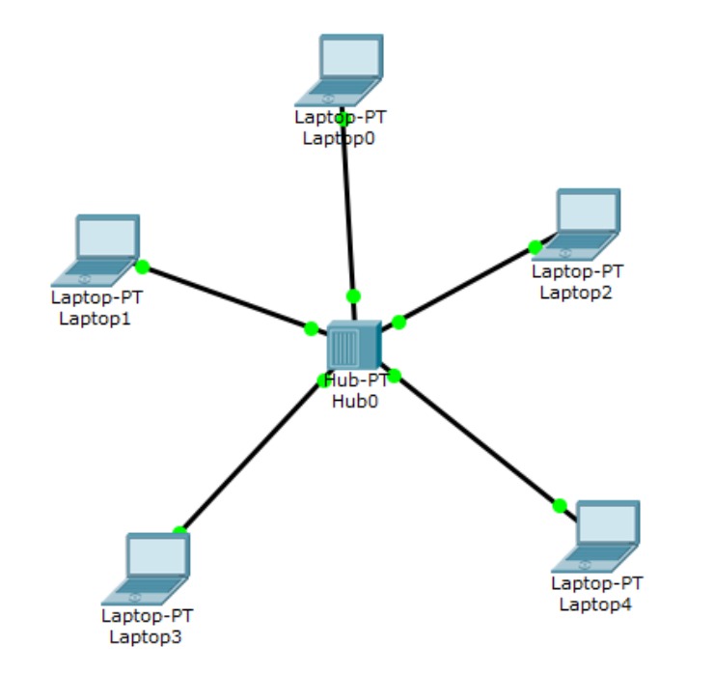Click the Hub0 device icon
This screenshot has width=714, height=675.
(354, 344)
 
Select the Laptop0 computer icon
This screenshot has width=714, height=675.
(341, 70)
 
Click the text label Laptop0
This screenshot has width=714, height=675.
(339, 138)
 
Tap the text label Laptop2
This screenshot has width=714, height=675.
(576, 292)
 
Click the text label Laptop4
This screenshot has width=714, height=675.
(595, 605)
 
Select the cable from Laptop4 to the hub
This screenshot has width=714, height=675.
(478, 439)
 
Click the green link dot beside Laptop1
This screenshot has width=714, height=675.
(143, 267)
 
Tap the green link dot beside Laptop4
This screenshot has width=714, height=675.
(560, 505)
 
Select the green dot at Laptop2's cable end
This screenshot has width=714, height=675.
(535, 247)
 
